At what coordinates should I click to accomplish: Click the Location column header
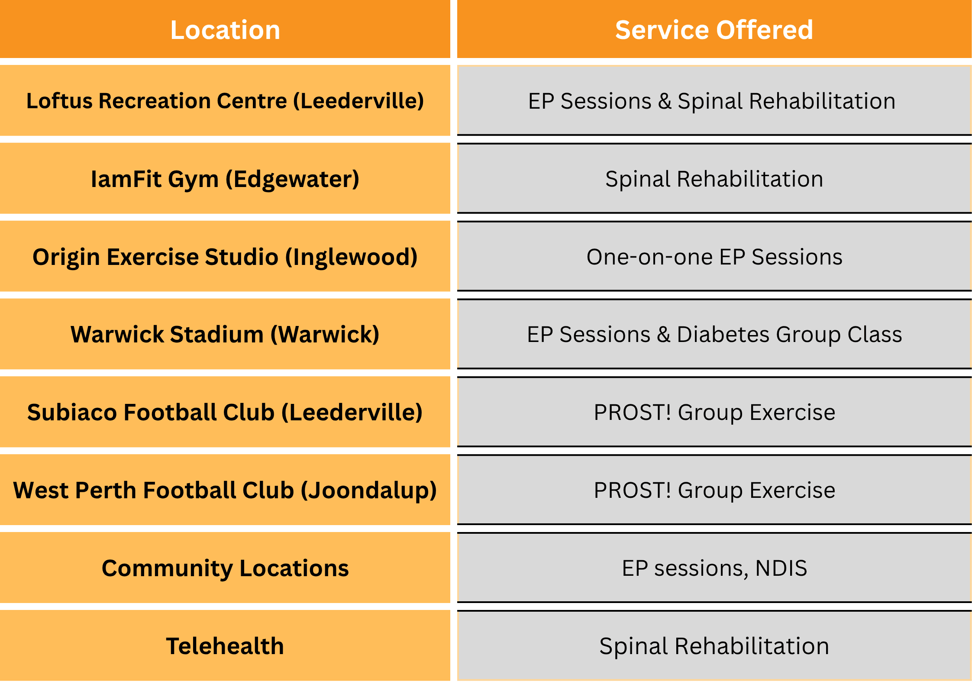tap(225, 29)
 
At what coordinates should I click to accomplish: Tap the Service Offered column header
tap(714, 29)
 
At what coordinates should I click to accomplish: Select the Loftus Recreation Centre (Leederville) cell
tap(225, 100)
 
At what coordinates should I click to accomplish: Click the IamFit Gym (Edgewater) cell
tap(225, 178)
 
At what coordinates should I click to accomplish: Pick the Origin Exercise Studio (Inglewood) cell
tap(225, 256)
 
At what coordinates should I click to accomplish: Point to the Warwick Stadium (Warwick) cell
tap(225, 334)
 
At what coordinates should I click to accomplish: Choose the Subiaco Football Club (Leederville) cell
tap(225, 412)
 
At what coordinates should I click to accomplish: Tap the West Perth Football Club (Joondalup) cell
tap(225, 490)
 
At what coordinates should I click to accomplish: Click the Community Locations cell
tap(225, 568)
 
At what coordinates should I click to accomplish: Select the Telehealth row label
tap(225, 646)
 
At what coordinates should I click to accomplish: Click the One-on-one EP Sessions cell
tap(714, 256)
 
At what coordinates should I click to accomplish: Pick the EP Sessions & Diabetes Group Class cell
tap(714, 334)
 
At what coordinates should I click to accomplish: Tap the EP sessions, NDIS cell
tap(714, 568)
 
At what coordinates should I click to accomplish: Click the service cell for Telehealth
tap(714, 646)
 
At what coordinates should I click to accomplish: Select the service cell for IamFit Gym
tap(714, 178)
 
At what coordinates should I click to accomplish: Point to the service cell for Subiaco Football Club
tap(714, 412)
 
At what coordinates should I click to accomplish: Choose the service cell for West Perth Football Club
tap(714, 490)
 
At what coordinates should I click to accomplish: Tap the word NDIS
tap(781, 568)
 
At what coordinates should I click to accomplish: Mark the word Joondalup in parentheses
tap(368, 491)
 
